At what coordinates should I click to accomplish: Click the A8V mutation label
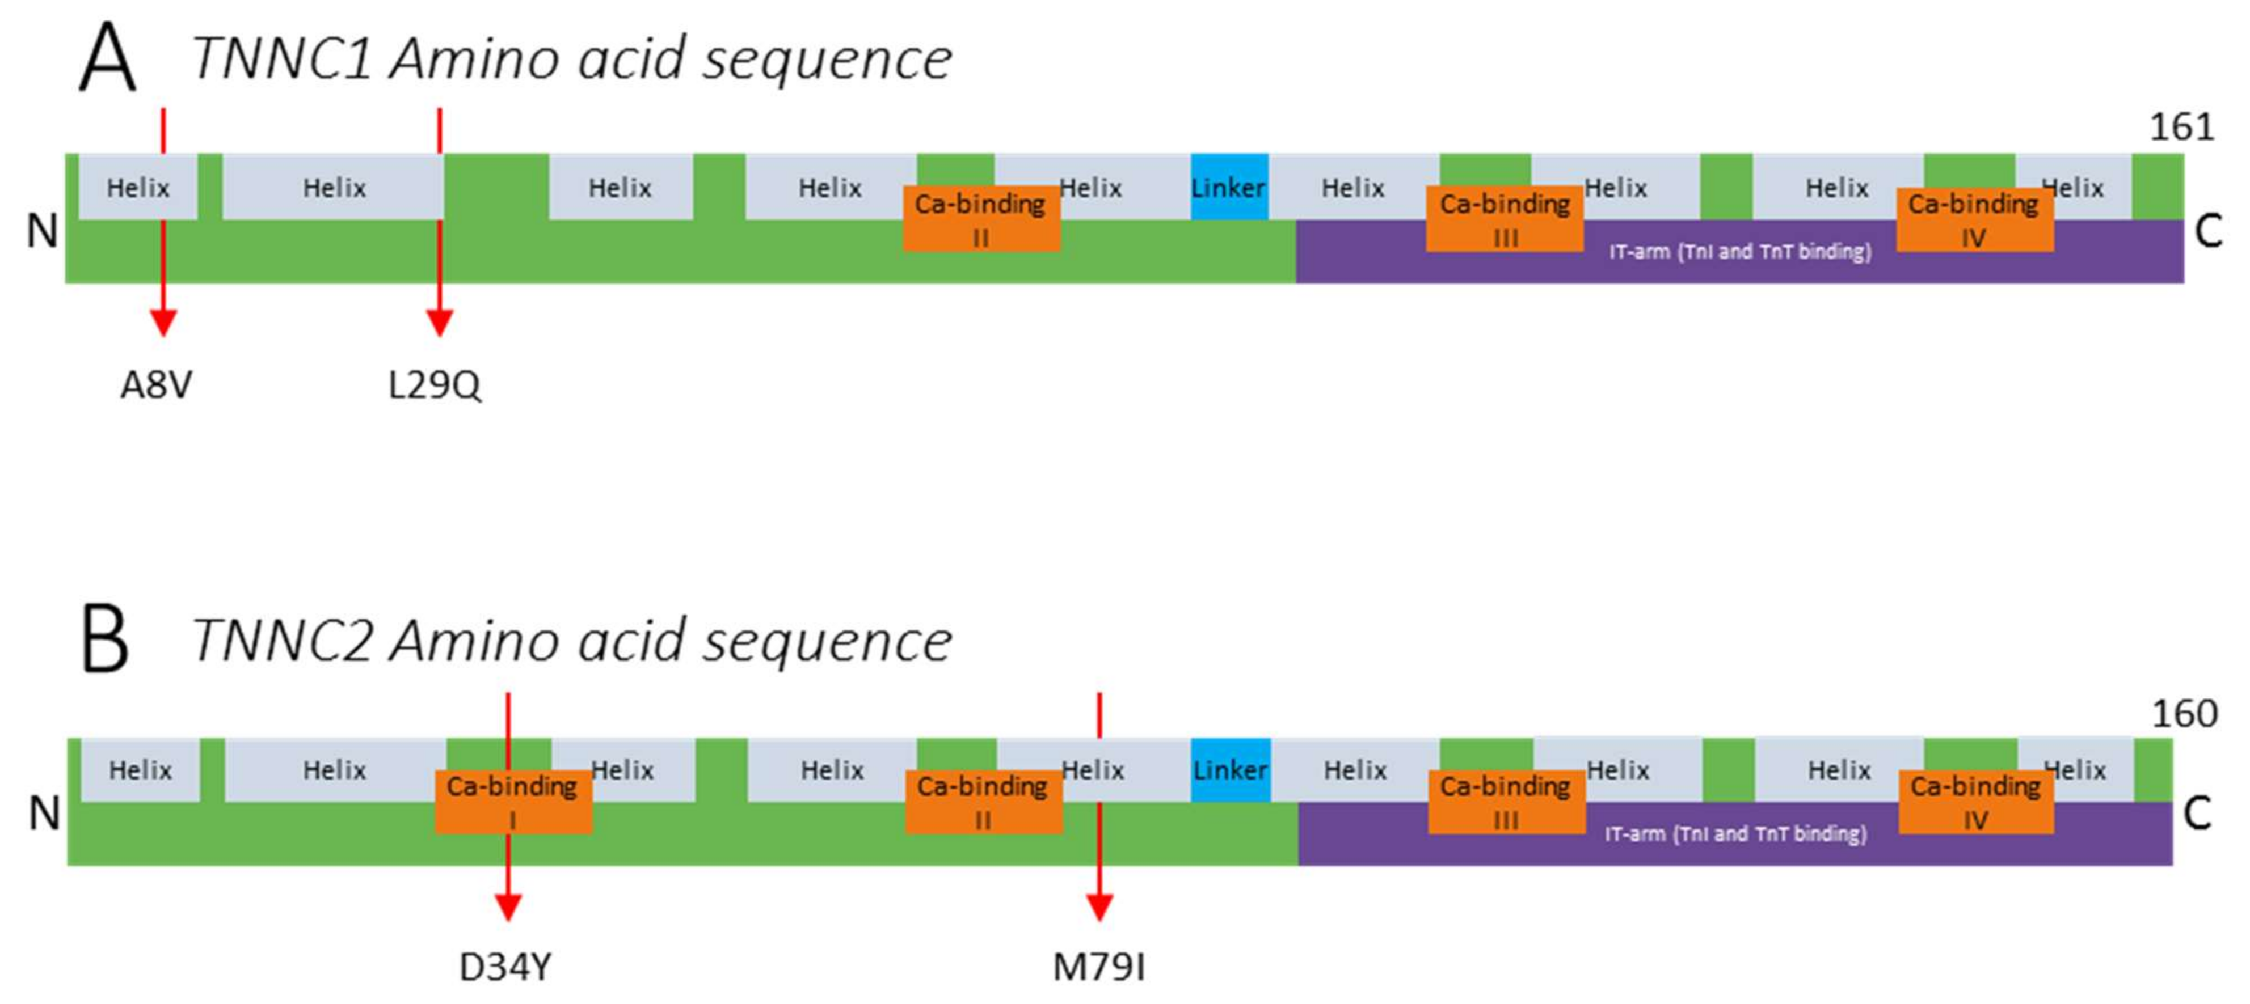[x=157, y=384]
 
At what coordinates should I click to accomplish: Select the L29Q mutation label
[x=434, y=384]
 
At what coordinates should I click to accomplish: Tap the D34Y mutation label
[x=505, y=967]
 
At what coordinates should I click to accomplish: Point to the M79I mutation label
[x=1099, y=967]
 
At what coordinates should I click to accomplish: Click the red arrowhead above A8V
[x=163, y=321]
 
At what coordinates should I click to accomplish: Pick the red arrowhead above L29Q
[x=439, y=321]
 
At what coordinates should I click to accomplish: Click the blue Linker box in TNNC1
[x=1229, y=187]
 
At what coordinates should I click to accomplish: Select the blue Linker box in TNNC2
[x=1230, y=769]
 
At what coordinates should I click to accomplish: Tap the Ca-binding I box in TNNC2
[x=513, y=802]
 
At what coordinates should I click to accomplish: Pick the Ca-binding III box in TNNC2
[x=1505, y=802]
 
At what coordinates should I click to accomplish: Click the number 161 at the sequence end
[x=2181, y=128]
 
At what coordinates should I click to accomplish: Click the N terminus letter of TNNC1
[x=42, y=231]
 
